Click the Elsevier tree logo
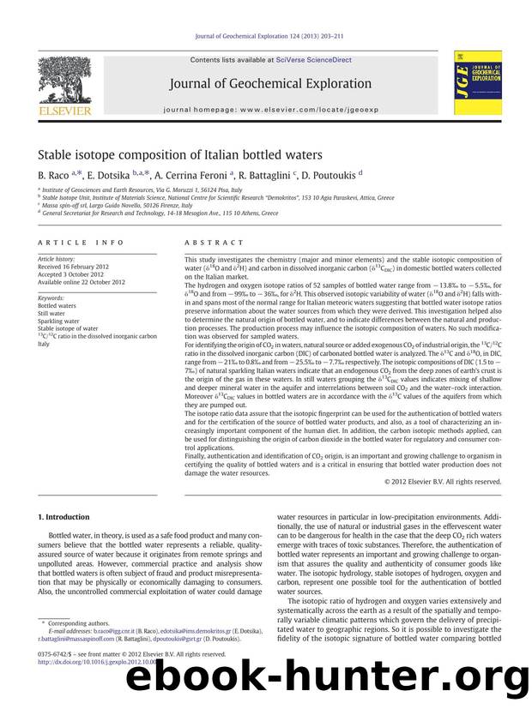tap(65, 83)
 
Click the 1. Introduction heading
tap(63, 518)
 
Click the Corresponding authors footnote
tap(75, 622)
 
